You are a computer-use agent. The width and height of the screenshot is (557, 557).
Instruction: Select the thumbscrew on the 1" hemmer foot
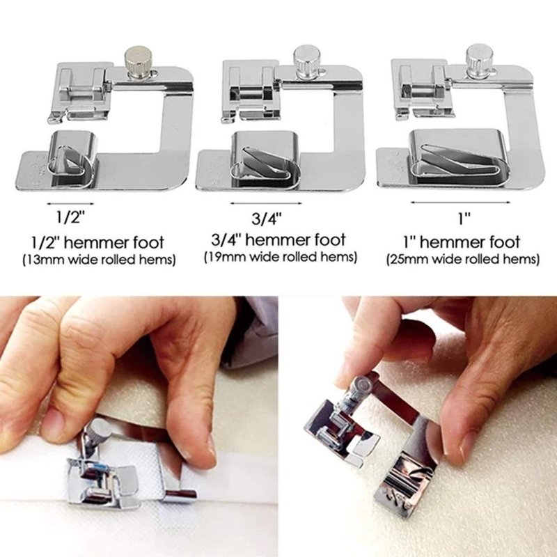480,61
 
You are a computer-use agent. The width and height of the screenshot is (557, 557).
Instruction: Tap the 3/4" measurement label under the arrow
267,218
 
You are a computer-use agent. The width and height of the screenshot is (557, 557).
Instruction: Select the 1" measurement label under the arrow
464,218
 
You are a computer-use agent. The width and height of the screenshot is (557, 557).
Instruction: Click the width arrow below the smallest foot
70,204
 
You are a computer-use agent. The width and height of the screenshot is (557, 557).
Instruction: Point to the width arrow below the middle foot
266,203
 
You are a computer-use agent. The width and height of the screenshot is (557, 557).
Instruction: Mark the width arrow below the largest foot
460,203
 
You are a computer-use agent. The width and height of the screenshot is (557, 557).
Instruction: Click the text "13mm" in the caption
45,260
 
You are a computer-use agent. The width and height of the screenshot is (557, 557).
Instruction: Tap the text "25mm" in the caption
409,259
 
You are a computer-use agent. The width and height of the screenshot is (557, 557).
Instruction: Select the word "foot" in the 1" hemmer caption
505,242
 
